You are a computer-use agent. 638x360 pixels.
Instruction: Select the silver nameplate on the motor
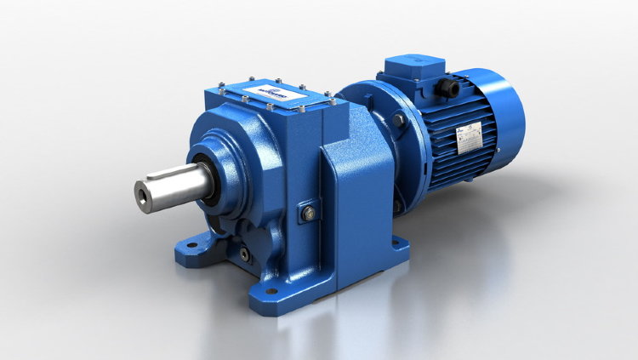tap(470, 137)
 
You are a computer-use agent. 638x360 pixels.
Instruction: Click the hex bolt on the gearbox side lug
tap(307, 213)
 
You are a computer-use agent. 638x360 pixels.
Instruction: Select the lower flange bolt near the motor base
tap(396, 205)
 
